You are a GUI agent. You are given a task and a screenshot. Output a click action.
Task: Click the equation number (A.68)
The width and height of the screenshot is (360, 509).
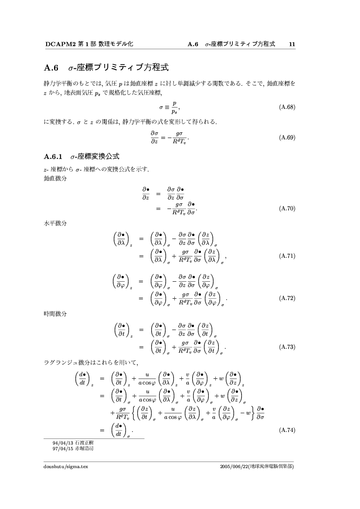[287, 107]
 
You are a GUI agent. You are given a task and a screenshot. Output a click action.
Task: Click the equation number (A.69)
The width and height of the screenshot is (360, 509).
[287, 138]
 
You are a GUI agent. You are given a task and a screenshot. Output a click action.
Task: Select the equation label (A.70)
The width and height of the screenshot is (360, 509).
[287, 209]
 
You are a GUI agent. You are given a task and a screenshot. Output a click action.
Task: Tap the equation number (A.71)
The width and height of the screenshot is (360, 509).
[287, 256]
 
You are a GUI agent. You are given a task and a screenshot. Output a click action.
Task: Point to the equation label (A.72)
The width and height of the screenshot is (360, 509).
[287, 299]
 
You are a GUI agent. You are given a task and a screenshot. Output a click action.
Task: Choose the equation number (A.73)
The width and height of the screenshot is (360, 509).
[287, 347]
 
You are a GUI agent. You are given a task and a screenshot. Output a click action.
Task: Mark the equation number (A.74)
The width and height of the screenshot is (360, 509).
[287, 430]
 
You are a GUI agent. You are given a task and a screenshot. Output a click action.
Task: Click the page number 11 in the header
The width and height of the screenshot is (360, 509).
[292, 44]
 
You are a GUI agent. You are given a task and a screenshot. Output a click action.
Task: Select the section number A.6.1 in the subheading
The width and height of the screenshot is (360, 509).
[54, 156]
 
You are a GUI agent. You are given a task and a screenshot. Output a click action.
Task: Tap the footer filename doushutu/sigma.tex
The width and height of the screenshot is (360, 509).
[66, 467]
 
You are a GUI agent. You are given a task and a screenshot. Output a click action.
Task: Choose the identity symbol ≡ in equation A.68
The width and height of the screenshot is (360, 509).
[165, 106]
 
